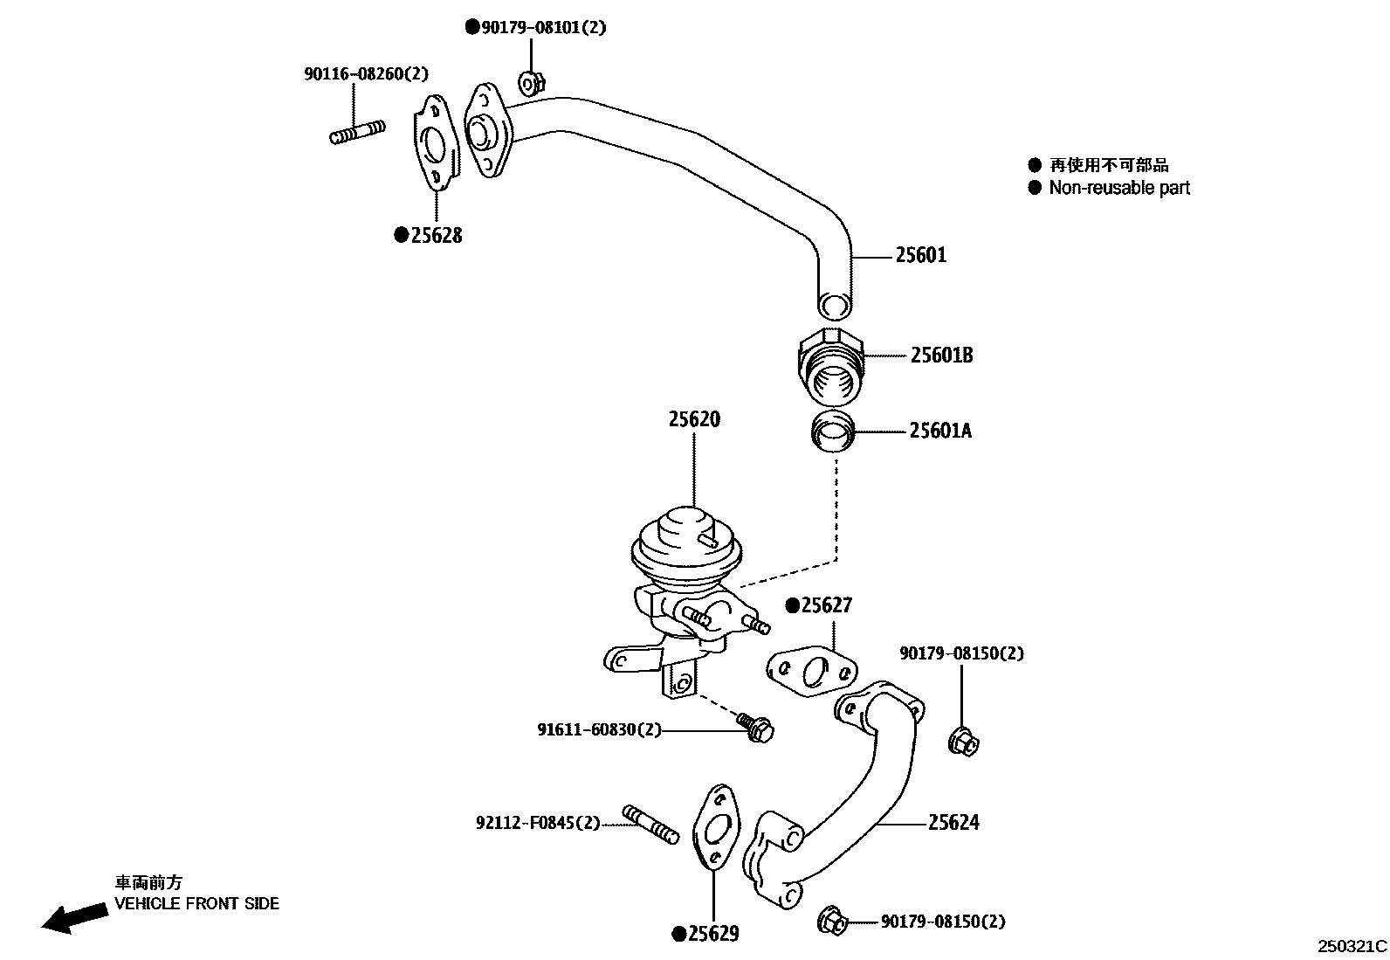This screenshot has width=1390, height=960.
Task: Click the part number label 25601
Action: point(921,256)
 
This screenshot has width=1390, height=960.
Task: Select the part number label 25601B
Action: point(942,356)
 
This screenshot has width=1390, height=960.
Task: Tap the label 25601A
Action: point(940,431)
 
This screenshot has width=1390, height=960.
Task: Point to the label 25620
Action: point(694,420)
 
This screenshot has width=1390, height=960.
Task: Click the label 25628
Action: point(436,236)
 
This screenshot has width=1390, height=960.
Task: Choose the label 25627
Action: point(826,606)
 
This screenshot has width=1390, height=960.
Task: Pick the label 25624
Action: point(953,823)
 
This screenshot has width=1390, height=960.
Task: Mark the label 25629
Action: point(712,935)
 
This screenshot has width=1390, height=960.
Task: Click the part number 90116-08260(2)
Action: point(367,75)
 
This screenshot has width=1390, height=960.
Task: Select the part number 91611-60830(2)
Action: point(599,729)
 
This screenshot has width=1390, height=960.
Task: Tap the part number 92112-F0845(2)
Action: point(538,823)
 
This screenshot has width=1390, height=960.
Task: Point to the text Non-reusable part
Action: point(1119,188)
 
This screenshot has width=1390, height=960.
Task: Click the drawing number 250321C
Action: point(1352,946)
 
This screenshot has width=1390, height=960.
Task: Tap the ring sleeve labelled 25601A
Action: point(833,432)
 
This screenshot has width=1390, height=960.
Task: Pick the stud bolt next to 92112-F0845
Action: point(650,825)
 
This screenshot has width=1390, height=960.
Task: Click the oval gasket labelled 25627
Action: point(809,671)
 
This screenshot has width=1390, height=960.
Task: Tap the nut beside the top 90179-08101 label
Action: point(531,84)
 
